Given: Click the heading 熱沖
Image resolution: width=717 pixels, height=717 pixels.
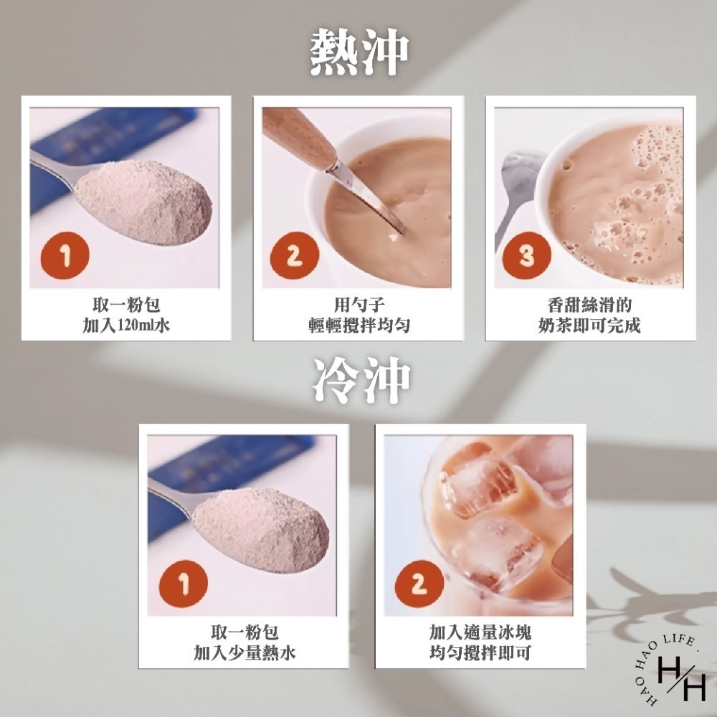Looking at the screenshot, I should click(x=359, y=52).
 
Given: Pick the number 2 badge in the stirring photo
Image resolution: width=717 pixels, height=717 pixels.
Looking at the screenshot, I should click(x=294, y=256).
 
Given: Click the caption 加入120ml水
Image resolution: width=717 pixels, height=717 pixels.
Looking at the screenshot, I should click(x=126, y=326).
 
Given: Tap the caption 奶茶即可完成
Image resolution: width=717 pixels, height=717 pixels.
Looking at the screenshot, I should click(x=590, y=326).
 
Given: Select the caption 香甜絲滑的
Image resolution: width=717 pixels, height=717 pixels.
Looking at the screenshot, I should click(x=590, y=305).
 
